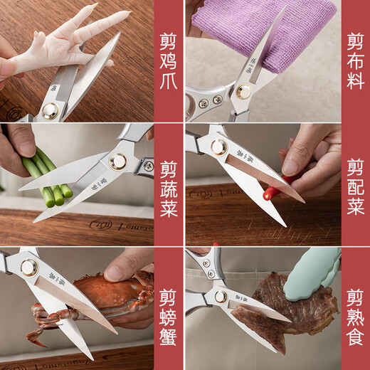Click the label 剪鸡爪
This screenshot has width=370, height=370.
point(169,60)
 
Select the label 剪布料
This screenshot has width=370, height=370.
point(354,60)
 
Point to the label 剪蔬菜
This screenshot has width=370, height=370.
point(169,185)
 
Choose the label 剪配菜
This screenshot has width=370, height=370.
point(354,185)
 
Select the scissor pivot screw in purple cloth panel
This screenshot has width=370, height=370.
point(243,91)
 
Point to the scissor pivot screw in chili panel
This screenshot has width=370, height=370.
point(218,147)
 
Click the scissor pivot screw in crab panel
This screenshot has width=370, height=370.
point(29,268)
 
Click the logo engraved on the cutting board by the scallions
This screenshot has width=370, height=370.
point(100,226)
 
